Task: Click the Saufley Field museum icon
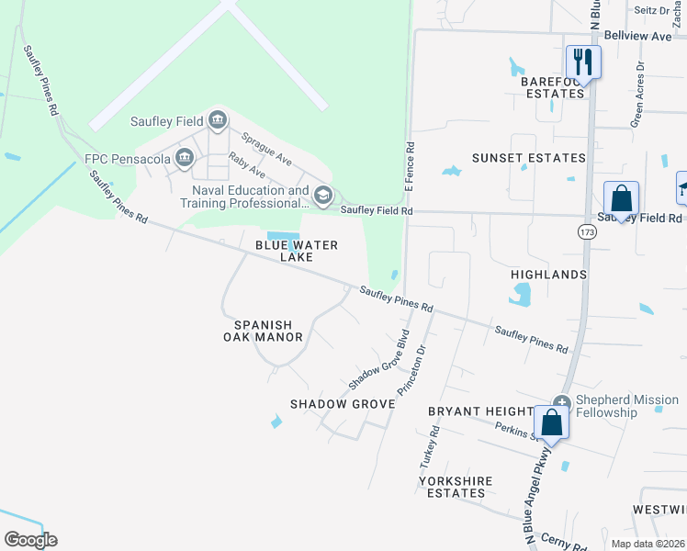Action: (x=218, y=118)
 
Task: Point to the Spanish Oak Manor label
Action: (x=263, y=331)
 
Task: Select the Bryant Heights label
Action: (x=480, y=411)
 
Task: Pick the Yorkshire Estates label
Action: (x=456, y=487)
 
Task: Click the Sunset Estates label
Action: (x=528, y=158)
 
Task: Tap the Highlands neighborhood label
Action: (x=548, y=275)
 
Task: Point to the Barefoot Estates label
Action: (x=553, y=87)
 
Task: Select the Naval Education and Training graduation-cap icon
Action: (x=322, y=195)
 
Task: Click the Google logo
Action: (x=30, y=540)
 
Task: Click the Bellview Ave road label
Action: (x=638, y=36)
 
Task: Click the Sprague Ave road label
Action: (x=266, y=149)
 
